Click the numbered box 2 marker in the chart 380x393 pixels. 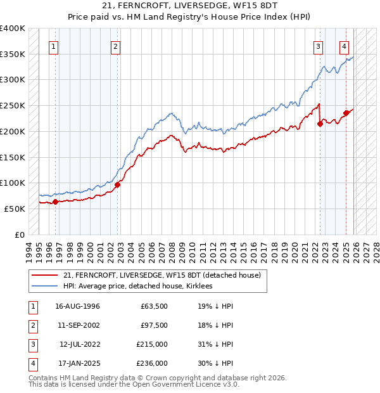[115, 46]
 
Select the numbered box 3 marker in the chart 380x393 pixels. [317, 46]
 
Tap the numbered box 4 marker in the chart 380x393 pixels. [343, 46]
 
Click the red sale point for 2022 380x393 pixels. [320, 124]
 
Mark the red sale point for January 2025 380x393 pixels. [346, 113]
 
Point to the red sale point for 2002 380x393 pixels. [118, 184]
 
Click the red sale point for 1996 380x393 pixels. [56, 202]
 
